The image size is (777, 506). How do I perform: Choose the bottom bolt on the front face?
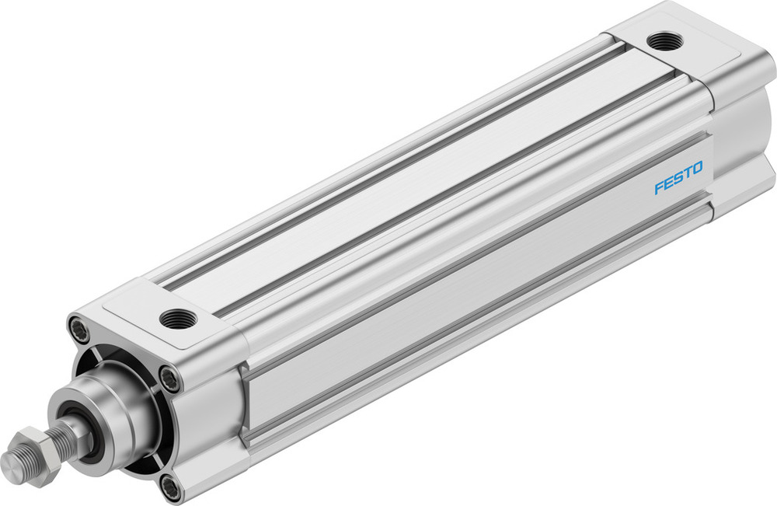click(x=170, y=487)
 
